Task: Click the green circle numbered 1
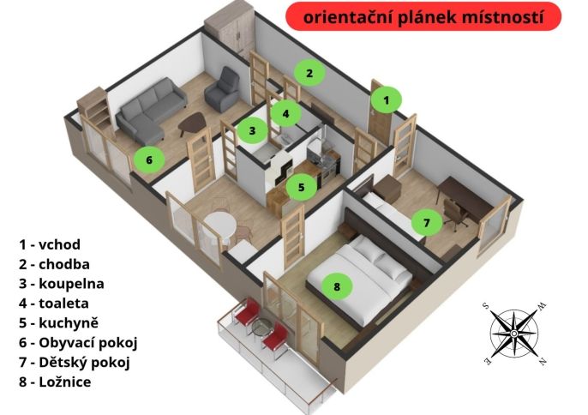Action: [x=387, y=100]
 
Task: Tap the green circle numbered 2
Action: [x=309, y=73]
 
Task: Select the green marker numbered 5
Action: [x=302, y=187]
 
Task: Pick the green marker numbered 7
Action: [x=426, y=223]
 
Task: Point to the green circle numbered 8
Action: [x=337, y=286]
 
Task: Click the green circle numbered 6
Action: [x=149, y=159]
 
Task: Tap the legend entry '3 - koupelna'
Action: [x=62, y=284]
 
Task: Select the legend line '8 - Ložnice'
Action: [x=55, y=382]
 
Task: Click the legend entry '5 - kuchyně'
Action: [x=59, y=323]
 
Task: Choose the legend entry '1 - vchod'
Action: [x=50, y=244]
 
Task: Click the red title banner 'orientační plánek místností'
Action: [x=423, y=16]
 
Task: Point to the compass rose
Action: [x=514, y=334]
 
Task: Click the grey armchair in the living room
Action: [x=222, y=89]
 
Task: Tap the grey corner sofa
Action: [x=150, y=111]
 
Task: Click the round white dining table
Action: [x=221, y=225]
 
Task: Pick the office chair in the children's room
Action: [x=454, y=214]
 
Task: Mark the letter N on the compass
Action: [x=543, y=361]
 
